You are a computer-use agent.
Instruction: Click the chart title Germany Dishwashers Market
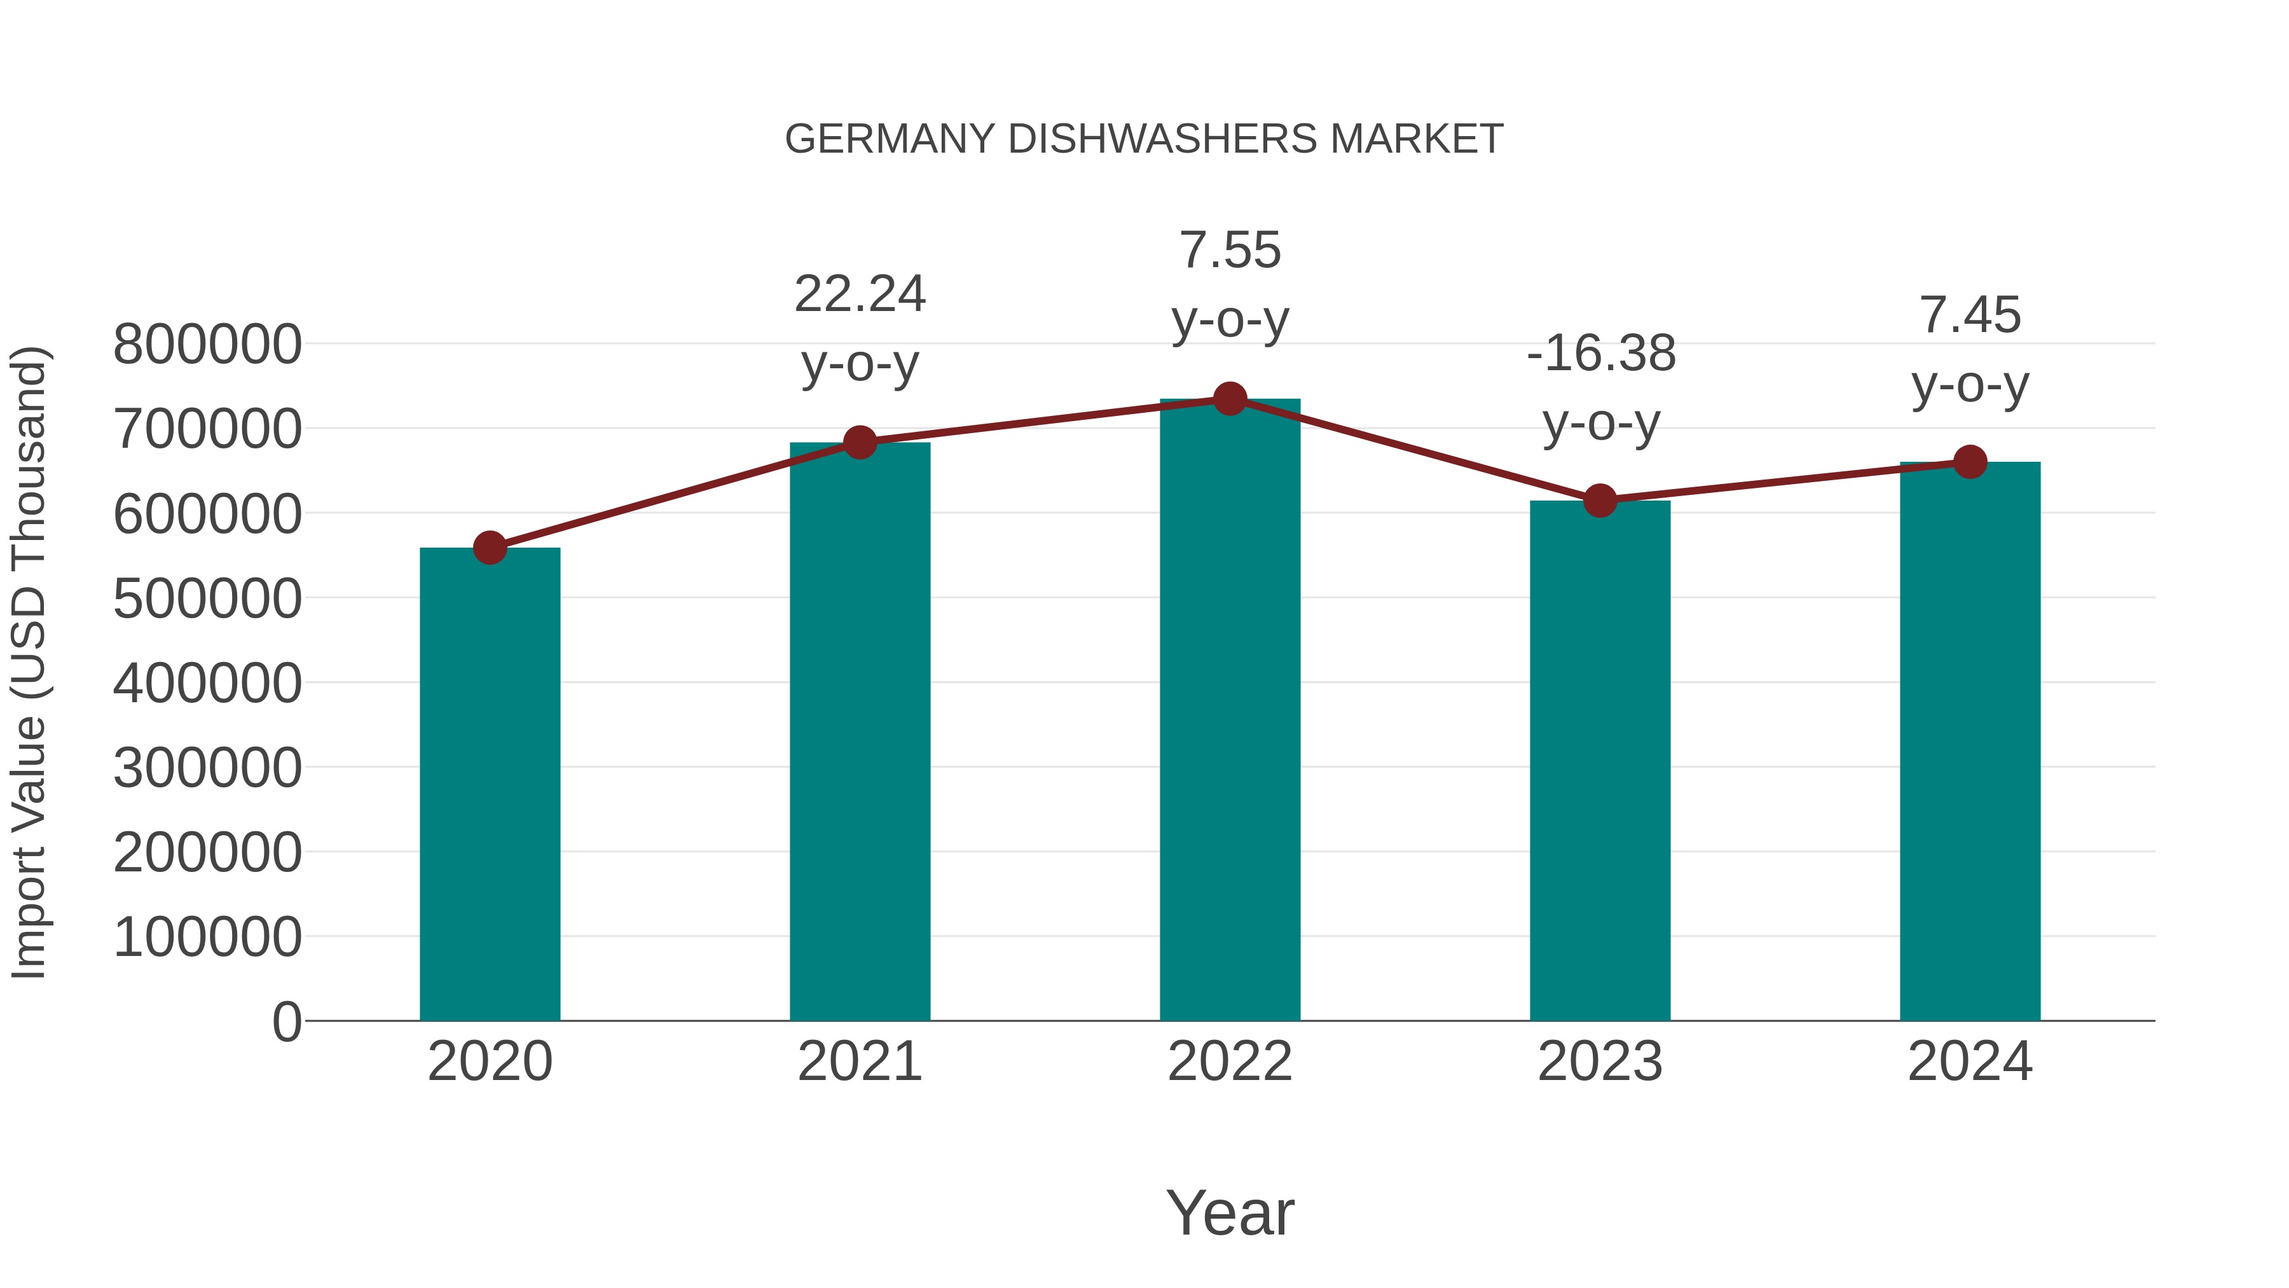pos(1144,139)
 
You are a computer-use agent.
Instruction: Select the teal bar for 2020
pos(490,782)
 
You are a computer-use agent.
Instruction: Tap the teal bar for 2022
pos(1230,711)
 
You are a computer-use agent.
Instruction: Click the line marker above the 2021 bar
pos(859,442)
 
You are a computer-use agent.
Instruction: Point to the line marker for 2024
pos(1970,462)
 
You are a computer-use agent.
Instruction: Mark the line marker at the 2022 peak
pos(1230,399)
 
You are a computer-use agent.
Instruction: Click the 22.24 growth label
pos(859,294)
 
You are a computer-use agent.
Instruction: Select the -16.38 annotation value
pos(1600,354)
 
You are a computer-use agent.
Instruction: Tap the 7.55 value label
pos(1230,251)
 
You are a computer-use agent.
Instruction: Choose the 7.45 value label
pos(1970,315)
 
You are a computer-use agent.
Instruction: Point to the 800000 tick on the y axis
pos(207,345)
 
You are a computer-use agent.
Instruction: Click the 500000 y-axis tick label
pos(207,599)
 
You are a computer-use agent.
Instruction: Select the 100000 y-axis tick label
pos(207,938)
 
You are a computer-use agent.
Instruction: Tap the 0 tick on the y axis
pos(286,1022)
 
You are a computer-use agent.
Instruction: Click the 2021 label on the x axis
pos(859,1062)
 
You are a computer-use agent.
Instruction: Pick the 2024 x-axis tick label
pos(1970,1062)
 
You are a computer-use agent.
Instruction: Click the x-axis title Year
pos(1230,1214)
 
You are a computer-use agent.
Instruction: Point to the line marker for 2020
pos(490,548)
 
